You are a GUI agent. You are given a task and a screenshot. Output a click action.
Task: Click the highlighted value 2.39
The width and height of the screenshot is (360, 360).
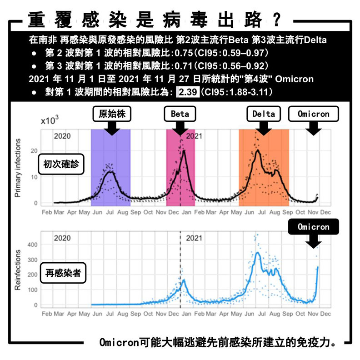[187, 92]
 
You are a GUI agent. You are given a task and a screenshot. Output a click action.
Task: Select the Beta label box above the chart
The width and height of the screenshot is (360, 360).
[180, 114]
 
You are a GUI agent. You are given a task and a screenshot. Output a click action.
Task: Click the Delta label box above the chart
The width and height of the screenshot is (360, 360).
[264, 114]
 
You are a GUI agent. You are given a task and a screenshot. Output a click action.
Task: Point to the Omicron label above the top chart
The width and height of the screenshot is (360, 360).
[313, 114]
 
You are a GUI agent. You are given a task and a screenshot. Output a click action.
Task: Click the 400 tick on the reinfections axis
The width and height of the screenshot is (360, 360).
[32, 245]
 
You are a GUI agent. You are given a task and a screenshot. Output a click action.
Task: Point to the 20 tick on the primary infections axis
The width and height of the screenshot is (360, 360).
[34, 150]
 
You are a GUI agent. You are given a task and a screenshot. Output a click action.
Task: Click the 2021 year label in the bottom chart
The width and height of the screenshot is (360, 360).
[195, 238]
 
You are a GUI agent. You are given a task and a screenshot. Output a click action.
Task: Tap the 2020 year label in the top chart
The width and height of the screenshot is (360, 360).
[62, 136]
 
